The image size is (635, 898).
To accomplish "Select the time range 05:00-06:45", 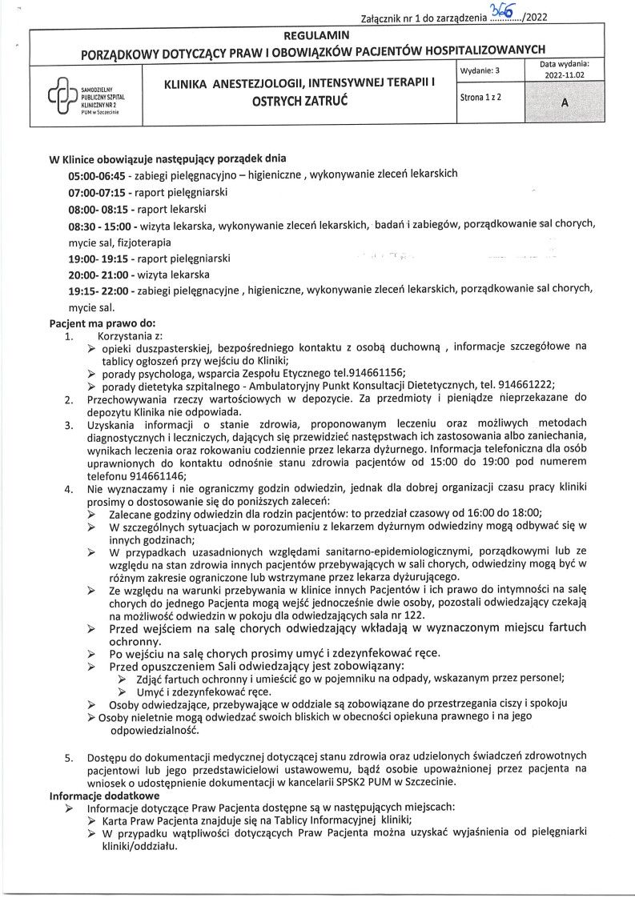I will (x=97, y=174).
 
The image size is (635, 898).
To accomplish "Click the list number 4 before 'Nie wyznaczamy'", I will (x=69, y=487).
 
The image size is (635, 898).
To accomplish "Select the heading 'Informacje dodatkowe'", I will (x=104, y=796).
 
